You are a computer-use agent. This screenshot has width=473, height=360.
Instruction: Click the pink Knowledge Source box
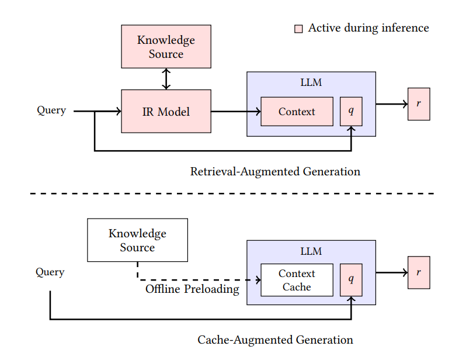click(166, 47)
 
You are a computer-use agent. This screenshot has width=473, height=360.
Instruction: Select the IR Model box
click(166, 111)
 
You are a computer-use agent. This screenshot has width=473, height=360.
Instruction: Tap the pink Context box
click(297, 112)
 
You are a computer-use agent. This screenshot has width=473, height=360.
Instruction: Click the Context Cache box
click(297, 280)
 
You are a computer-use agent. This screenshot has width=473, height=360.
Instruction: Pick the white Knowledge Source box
click(137, 240)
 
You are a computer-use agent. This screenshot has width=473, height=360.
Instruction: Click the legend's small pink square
click(298, 29)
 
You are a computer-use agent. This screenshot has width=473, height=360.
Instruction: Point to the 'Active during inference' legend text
click(368, 28)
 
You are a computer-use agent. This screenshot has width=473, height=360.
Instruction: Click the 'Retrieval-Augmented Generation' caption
click(275, 172)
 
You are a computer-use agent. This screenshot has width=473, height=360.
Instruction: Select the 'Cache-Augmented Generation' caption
click(275, 340)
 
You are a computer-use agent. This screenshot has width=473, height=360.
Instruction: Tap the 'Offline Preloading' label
click(192, 289)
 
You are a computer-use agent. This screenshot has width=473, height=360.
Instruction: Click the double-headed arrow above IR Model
click(166, 79)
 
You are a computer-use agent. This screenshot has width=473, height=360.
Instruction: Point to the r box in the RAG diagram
click(419, 104)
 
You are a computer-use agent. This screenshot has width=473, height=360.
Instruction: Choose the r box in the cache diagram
click(419, 272)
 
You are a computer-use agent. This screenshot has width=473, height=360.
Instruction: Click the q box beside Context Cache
click(351, 280)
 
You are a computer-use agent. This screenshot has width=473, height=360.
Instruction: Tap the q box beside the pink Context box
click(351, 112)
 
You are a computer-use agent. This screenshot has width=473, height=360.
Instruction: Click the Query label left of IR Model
click(51, 110)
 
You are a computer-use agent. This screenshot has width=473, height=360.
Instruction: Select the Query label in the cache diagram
click(50, 272)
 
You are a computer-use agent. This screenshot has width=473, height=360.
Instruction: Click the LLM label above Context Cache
click(311, 252)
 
